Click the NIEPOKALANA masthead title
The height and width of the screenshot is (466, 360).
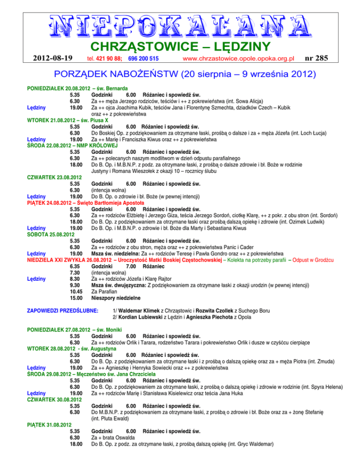pos(180,25)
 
